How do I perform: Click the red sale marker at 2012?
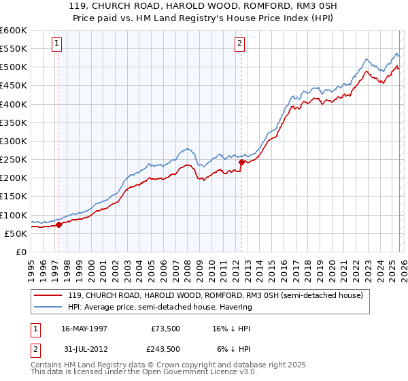(x=241, y=162)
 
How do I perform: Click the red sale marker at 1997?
(x=58, y=225)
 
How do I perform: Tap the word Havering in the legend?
(x=235, y=307)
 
